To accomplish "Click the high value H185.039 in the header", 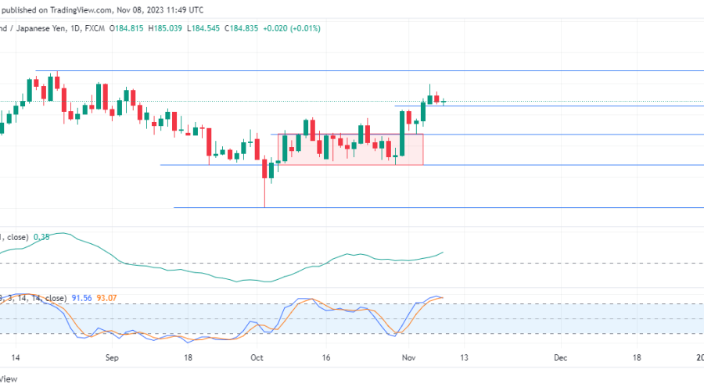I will [160, 28].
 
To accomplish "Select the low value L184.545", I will [205, 28].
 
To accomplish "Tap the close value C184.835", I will [250, 28].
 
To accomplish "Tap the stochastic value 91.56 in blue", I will [82, 298].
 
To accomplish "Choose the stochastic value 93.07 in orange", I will [110, 298].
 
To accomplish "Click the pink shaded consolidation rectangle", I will [349, 149].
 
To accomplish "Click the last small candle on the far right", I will [444, 101].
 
